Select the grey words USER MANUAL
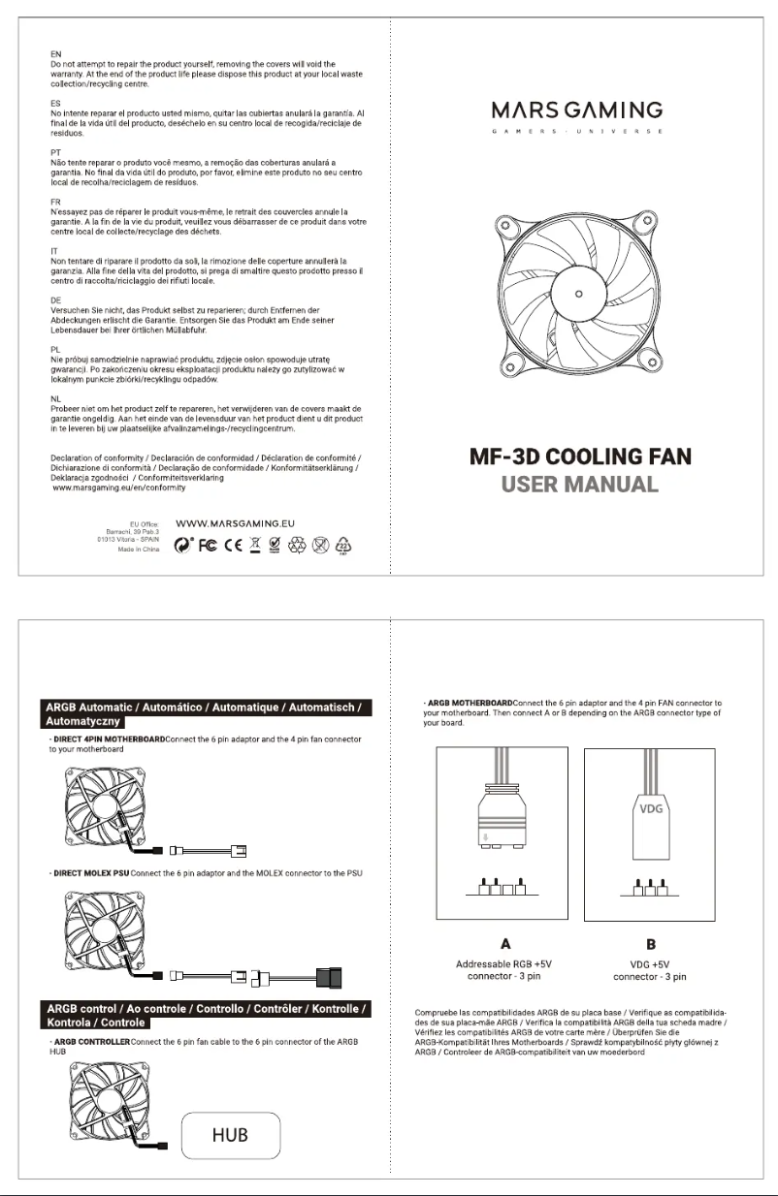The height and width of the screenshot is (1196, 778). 579,484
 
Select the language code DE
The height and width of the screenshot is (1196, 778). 55,300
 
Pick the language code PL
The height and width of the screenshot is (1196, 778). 55,347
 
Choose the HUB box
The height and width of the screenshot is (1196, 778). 232,1135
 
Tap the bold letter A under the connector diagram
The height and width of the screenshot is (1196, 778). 504,943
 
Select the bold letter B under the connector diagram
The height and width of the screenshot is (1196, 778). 651,943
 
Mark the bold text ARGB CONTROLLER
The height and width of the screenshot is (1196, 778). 91,1041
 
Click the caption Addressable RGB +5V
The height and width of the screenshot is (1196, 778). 503,964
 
